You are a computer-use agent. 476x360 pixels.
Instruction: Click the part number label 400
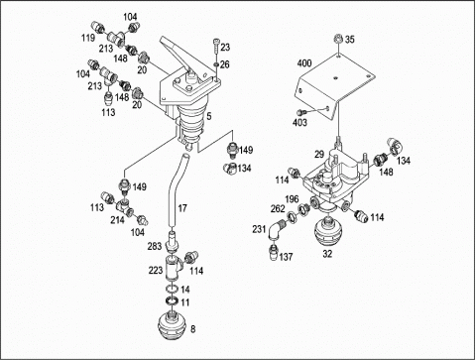point(304,62)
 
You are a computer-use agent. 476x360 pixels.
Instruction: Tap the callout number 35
point(349,40)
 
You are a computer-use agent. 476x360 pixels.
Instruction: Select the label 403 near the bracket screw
point(299,123)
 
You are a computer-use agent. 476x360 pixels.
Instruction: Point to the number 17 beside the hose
point(182,208)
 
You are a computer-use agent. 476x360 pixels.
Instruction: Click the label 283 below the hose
point(155,246)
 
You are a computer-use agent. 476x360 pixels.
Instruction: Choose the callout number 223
point(156,271)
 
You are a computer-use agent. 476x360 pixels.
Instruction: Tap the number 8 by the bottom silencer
point(193,329)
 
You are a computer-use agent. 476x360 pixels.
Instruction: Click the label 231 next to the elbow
point(259,229)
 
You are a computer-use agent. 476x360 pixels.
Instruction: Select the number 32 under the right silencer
point(327,254)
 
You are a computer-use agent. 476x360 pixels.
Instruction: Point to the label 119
point(88,38)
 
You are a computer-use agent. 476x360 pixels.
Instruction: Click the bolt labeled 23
point(216,46)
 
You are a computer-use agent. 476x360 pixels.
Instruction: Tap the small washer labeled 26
point(216,63)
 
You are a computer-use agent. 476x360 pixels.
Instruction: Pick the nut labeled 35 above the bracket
point(338,39)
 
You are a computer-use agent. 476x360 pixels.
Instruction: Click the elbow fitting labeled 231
point(275,230)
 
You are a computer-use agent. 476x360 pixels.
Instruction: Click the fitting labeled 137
point(274,253)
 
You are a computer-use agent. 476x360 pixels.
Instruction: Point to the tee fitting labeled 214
point(123,206)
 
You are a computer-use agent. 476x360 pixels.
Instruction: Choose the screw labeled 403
point(300,112)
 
